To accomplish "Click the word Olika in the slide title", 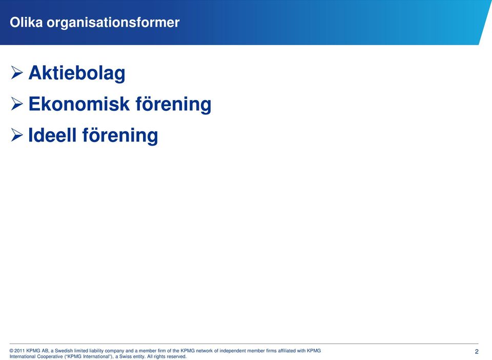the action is click(x=26, y=23).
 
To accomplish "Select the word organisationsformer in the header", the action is click(x=113, y=23).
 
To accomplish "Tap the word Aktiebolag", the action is click(x=77, y=73).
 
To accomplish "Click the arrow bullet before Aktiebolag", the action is click(x=17, y=72).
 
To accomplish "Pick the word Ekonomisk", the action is click(x=79, y=104).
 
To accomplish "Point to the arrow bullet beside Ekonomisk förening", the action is click(x=17, y=104).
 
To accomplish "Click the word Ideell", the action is click(x=52, y=135).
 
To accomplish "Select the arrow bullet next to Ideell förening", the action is click(x=17, y=135).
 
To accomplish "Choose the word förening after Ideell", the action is click(x=120, y=135).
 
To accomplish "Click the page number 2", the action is click(x=477, y=351).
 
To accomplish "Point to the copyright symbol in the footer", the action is click(x=12, y=351).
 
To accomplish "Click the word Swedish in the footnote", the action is click(x=64, y=351).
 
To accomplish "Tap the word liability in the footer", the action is click(x=96, y=351).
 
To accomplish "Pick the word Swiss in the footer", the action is click(x=125, y=357).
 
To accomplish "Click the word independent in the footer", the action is click(x=233, y=351).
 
